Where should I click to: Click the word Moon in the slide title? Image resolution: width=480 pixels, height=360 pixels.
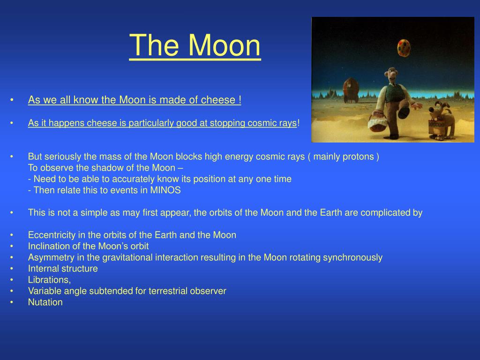pyautogui.click(x=224, y=45)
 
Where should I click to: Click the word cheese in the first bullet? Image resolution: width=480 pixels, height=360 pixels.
pyautogui.click(x=218, y=100)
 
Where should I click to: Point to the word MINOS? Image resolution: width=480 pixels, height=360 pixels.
pyautogui.click(x=165, y=190)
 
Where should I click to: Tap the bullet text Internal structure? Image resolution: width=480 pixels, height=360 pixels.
pyautogui.click(x=63, y=269)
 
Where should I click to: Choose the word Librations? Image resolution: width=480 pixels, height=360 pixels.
pyautogui.click(x=49, y=280)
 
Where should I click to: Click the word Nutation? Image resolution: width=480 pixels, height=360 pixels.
pyautogui.click(x=45, y=302)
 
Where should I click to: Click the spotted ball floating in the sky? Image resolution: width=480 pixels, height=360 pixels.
pyautogui.click(x=404, y=48)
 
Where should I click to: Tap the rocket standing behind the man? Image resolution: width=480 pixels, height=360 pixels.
pyautogui.click(x=351, y=90)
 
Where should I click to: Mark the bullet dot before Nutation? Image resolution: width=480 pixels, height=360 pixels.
pyautogui.click(x=12, y=302)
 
